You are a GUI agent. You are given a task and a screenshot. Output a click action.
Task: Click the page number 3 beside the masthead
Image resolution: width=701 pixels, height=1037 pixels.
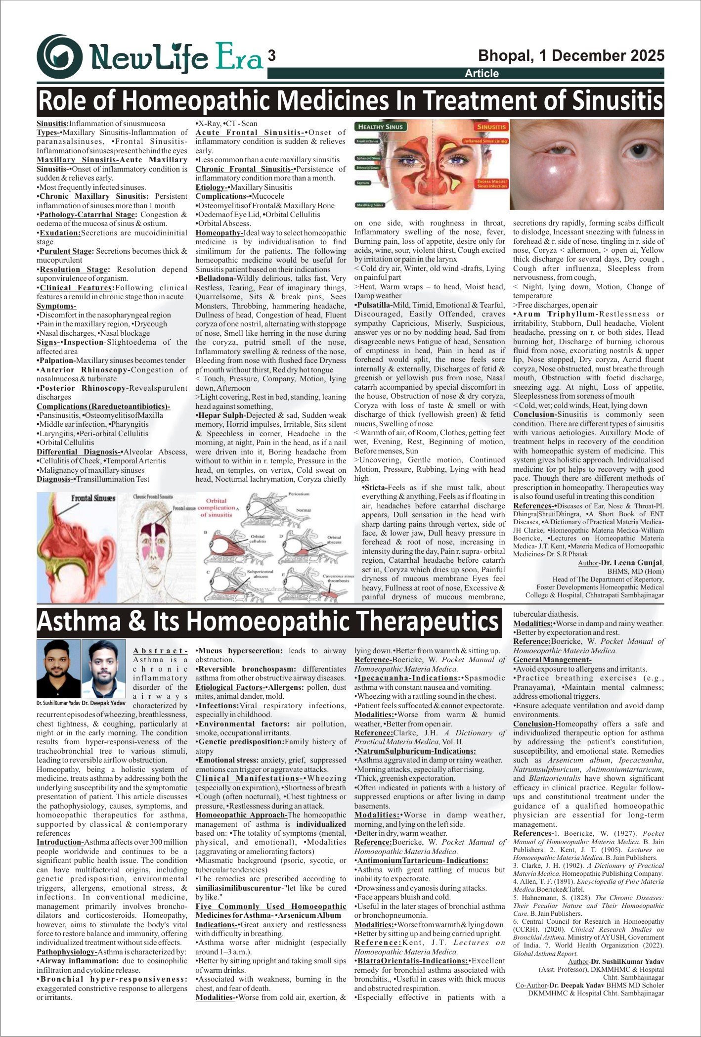(x=271, y=56)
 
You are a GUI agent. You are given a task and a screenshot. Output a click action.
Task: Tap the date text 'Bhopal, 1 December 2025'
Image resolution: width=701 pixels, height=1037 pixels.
(x=571, y=55)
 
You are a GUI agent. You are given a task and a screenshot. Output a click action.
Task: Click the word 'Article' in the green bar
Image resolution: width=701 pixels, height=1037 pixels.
(x=482, y=74)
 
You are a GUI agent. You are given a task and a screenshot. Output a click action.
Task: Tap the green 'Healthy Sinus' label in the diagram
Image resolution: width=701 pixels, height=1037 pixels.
(x=380, y=127)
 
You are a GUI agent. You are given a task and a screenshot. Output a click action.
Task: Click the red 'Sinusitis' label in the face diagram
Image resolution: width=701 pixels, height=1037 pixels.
(x=491, y=127)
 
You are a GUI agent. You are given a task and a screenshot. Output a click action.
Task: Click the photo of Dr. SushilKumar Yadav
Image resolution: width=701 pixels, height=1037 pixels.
(x=58, y=669)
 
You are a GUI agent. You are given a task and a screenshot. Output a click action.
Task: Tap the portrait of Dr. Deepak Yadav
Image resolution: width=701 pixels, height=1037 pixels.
(x=103, y=669)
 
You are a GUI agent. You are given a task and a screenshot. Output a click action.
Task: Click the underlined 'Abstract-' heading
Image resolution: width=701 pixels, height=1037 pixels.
(x=160, y=651)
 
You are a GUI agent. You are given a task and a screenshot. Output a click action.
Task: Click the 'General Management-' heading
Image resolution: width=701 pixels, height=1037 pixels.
(x=552, y=660)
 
